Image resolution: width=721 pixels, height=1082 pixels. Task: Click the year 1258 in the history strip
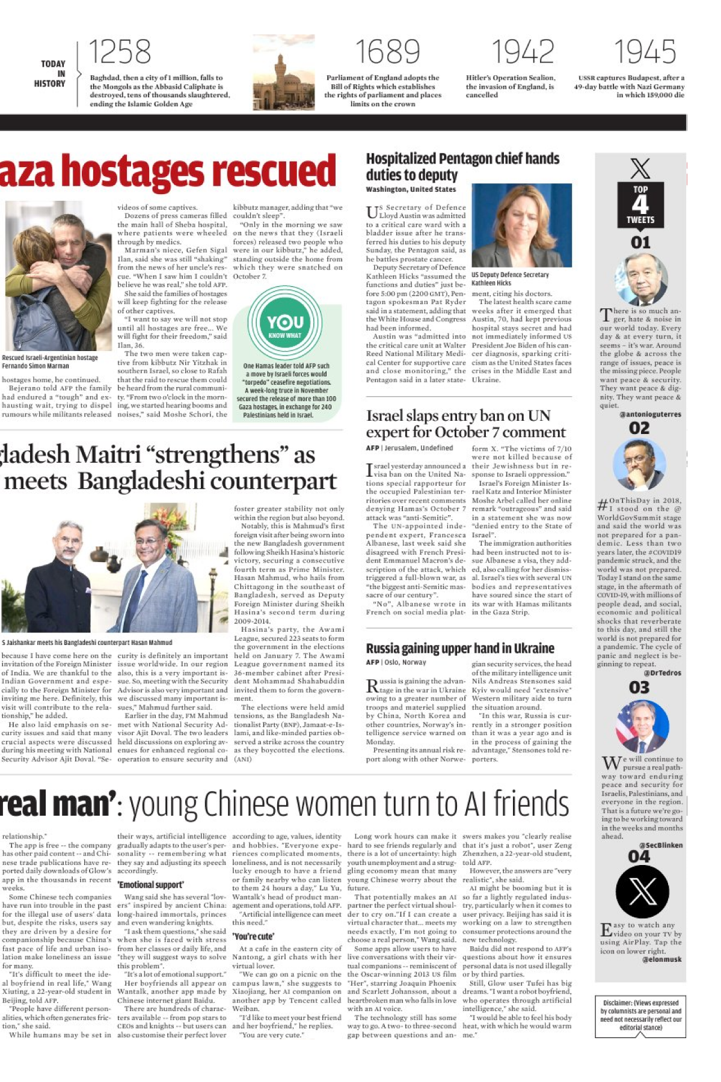coord(120,52)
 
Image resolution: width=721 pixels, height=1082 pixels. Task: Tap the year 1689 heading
coord(387,52)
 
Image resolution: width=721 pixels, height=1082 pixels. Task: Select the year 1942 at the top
coord(523,52)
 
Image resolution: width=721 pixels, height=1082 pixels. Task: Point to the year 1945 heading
coord(645,52)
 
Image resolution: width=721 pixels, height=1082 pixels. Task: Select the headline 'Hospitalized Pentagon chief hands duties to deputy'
coord(462,167)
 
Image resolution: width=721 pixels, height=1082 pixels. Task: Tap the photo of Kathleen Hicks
coord(521,225)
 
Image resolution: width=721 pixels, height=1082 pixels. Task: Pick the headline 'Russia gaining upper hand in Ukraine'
coord(460,648)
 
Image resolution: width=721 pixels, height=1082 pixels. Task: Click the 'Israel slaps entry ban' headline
coord(465,424)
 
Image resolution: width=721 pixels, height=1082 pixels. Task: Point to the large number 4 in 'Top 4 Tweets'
coord(640,204)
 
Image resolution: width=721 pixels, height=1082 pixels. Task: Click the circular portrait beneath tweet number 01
coord(641,279)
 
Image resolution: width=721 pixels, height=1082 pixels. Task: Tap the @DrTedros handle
coord(662,673)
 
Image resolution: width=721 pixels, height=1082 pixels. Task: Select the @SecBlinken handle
coord(660,845)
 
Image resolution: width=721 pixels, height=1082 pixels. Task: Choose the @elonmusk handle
coord(661,959)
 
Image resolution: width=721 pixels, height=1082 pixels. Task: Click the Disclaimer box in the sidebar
coord(640,1015)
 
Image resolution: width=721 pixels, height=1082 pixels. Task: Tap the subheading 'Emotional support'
coord(150,885)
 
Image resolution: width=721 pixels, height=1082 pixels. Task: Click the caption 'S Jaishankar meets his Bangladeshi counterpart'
coord(87,643)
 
